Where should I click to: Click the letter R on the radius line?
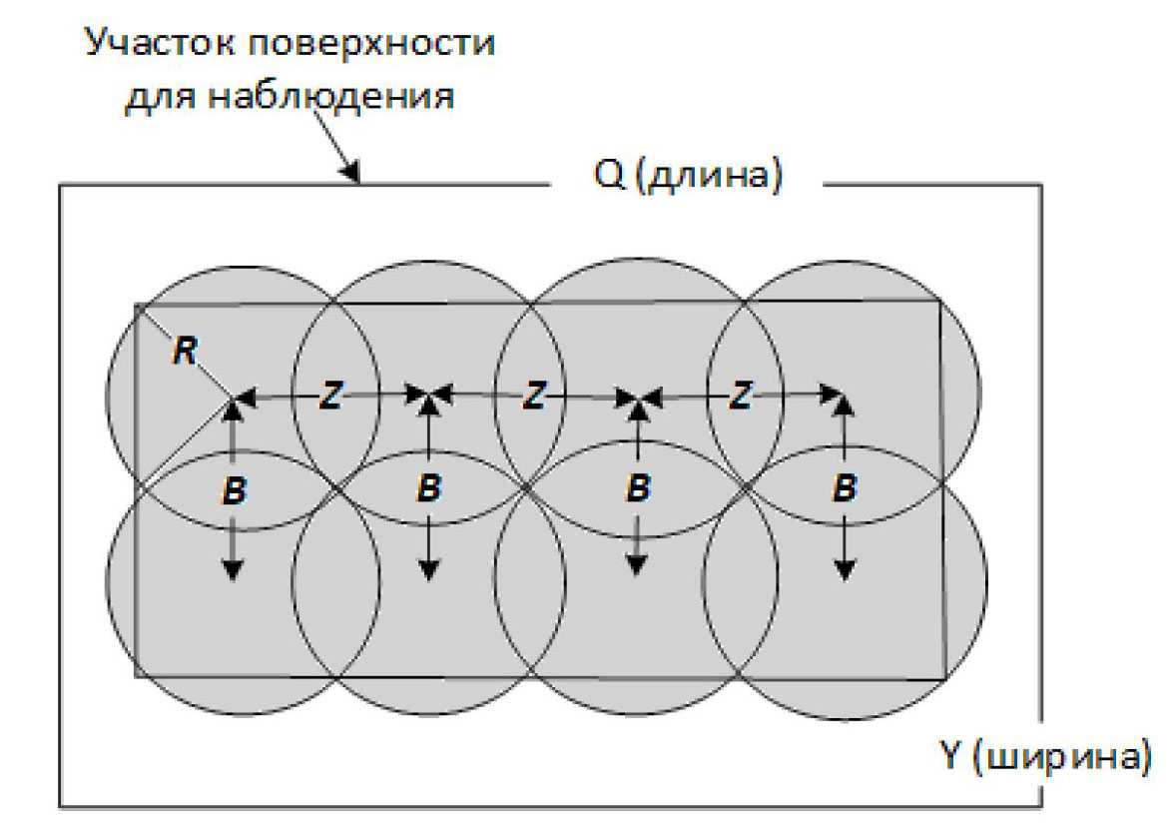point(184,351)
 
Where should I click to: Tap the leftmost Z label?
point(331,397)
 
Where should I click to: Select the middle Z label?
point(535,397)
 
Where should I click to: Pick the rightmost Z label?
point(740,397)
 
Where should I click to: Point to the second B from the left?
point(428,488)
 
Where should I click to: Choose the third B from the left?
point(637,488)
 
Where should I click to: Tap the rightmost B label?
point(845,488)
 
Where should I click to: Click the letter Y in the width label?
point(952,755)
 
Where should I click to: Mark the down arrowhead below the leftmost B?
point(233,571)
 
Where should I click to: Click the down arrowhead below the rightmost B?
point(845,571)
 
